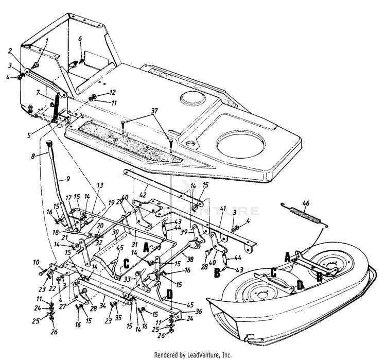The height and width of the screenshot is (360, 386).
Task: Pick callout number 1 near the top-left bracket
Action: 47,40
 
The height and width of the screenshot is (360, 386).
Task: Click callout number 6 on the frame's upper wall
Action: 80,39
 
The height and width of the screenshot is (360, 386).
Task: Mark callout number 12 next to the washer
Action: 113,92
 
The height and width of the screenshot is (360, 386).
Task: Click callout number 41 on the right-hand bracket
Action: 223,208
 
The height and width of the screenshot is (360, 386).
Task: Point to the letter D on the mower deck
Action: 299,285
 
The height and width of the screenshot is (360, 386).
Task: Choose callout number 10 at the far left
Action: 36,262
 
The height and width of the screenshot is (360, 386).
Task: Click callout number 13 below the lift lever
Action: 99,185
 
